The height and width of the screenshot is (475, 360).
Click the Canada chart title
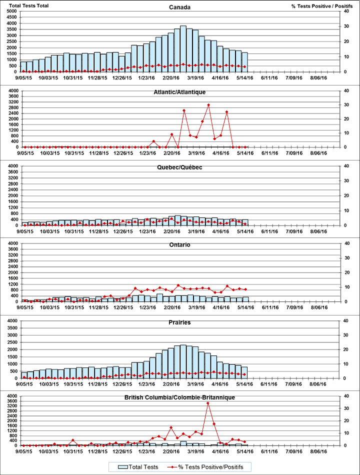(179, 7)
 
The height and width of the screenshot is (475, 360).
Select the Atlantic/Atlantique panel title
(179, 92)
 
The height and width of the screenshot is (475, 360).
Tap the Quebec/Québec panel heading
(179, 167)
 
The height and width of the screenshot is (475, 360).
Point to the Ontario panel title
(179, 245)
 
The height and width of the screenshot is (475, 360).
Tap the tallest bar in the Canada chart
(183, 48)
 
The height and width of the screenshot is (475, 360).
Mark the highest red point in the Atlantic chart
(208, 104)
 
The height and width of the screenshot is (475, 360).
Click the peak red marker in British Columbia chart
(208, 403)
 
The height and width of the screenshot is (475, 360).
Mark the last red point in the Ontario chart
(244, 289)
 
